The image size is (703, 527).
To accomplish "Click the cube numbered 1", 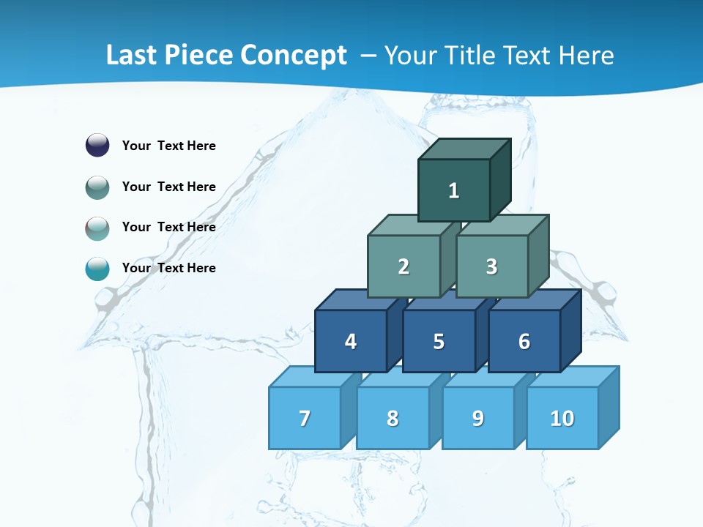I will pyautogui.click(x=454, y=190).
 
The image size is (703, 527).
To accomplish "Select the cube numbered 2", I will pyautogui.click(x=403, y=266).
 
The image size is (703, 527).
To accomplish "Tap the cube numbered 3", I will pyautogui.click(x=491, y=266).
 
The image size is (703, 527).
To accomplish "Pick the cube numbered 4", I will pyautogui.click(x=351, y=341).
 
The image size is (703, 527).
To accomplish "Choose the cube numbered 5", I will pyautogui.click(x=439, y=341).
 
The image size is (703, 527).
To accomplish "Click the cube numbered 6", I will pyautogui.click(x=524, y=341).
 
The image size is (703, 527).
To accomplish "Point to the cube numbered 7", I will pyautogui.click(x=305, y=418).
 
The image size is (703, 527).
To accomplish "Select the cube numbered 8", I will pyautogui.click(x=393, y=418).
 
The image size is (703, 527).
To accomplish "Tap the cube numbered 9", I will pyautogui.click(x=477, y=418).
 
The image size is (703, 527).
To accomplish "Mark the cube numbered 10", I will pyautogui.click(x=562, y=418).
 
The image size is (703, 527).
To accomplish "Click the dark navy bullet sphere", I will pyautogui.click(x=97, y=145).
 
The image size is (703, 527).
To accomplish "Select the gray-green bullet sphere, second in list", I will pyautogui.click(x=97, y=187).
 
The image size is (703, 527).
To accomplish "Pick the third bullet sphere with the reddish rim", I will pyautogui.click(x=97, y=228).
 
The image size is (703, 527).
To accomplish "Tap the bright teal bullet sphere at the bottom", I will pyautogui.click(x=97, y=269).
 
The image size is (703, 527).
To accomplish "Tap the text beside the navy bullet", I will pyautogui.click(x=169, y=146).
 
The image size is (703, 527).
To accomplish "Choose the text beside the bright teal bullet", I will pyautogui.click(x=169, y=268).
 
